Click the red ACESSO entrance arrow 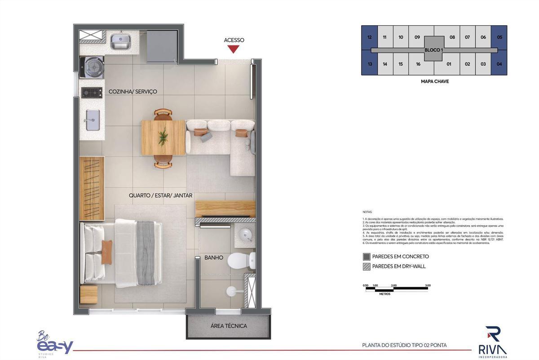(233, 49)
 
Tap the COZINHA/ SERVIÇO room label (133, 92)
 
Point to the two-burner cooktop (92, 93)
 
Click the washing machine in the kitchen (92, 67)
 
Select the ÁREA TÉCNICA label (229, 326)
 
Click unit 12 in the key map (369, 37)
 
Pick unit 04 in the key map (499, 64)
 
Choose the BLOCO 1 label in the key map (433, 50)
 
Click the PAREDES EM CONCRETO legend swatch (367, 257)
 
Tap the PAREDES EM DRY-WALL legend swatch (367, 267)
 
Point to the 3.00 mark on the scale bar (428, 285)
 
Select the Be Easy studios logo (54, 344)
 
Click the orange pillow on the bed (106, 252)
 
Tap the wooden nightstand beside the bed (89, 294)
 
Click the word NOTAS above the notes (367, 212)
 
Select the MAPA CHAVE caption (434, 81)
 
